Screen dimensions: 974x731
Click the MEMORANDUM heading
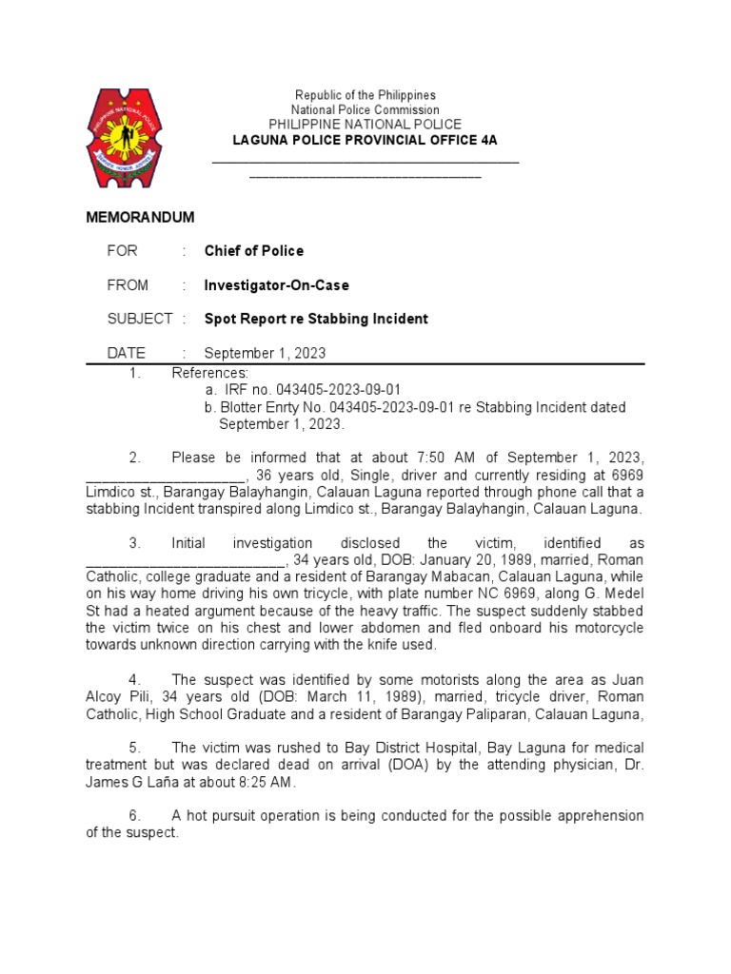(x=141, y=217)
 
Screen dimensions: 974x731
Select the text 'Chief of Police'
(x=254, y=251)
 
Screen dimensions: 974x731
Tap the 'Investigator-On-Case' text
(x=277, y=285)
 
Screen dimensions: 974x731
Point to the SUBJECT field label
(x=140, y=319)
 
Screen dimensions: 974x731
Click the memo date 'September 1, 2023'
(x=265, y=353)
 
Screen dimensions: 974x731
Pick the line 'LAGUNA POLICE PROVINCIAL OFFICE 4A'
(x=365, y=140)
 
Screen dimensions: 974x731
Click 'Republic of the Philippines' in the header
(x=365, y=95)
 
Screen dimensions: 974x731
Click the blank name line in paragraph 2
(x=167, y=475)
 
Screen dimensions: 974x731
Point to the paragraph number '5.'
(x=135, y=748)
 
